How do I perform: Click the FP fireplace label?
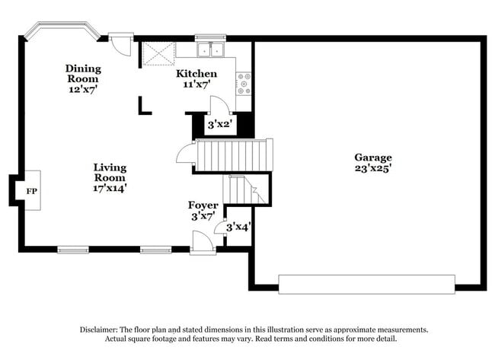[x=32, y=191]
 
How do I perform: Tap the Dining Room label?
[x=83, y=73]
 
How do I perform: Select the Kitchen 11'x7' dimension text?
[x=196, y=85]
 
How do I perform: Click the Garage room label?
[x=372, y=158]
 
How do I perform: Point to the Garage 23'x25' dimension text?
[x=372, y=168]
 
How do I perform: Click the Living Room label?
[x=110, y=172]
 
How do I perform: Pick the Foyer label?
[x=203, y=205]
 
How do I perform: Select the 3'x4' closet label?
[x=239, y=226]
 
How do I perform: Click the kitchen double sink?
[x=209, y=51]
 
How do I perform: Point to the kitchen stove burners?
[x=244, y=82]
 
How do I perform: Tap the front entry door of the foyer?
[x=202, y=243]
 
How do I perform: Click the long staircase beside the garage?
[x=234, y=155]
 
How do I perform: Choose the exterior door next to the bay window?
[x=120, y=42]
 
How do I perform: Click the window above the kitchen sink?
[x=210, y=37]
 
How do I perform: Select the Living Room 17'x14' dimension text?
[x=110, y=187]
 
